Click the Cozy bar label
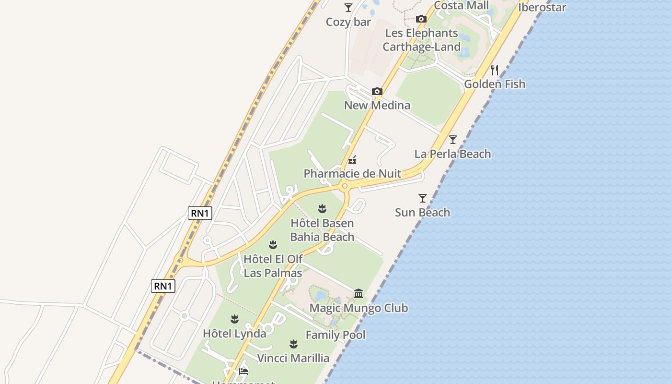pos(348,22)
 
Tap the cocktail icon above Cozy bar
pos(348,8)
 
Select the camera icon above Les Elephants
pos(421,19)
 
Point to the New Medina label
pos(377,105)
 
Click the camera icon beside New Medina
pos(377,91)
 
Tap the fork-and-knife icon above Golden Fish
pos(495,70)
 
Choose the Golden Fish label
pos(495,84)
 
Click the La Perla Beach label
pos(452,154)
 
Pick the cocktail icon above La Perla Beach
pos(452,140)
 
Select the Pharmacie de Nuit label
pos(352,173)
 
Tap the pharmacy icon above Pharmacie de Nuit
pos(352,159)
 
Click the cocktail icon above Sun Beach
pos(422,198)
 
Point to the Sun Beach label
pos(422,212)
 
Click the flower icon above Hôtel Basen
pos(322,209)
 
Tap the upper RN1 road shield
pos(200,213)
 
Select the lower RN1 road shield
pos(163,286)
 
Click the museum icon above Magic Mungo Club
pos(359,293)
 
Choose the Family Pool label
pos(335,335)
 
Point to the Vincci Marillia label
pos(293,358)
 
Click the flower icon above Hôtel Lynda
pos(234,319)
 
